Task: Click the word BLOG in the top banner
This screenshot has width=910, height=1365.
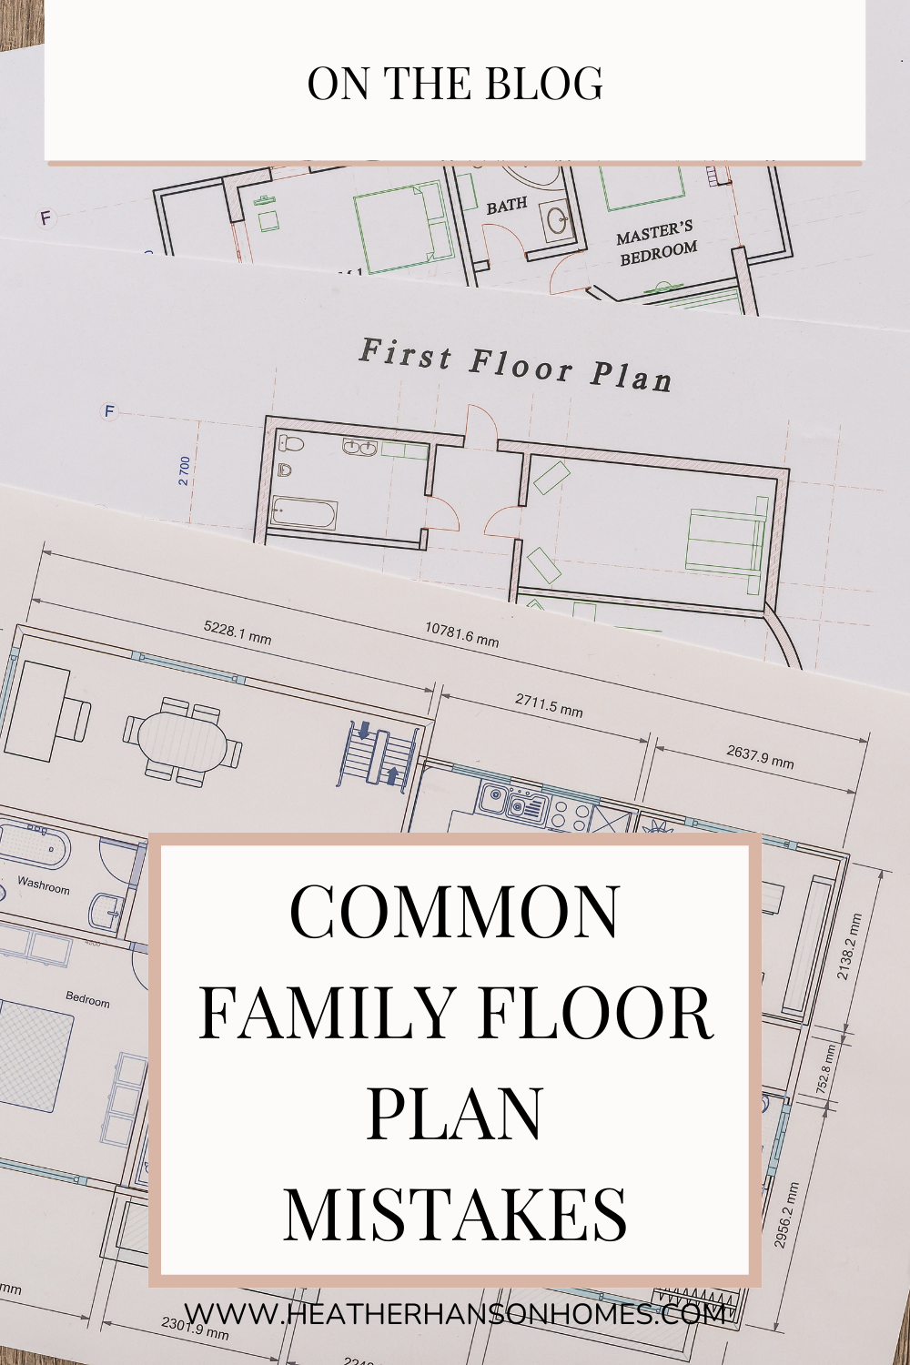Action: click(x=543, y=84)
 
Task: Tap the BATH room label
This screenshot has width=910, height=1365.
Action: click(x=506, y=206)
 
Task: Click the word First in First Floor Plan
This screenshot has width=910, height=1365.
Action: click(x=405, y=353)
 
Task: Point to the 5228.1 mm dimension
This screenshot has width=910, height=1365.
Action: click(x=238, y=632)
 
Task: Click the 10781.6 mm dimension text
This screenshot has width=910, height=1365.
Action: click(x=461, y=633)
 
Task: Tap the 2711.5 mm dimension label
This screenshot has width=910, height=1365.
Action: click(x=549, y=704)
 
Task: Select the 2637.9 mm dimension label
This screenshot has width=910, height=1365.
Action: click(x=760, y=756)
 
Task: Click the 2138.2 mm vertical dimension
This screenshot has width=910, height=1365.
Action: click(x=848, y=947)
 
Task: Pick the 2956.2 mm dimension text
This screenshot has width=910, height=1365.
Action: click(x=787, y=1214)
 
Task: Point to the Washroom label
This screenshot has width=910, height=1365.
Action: click(x=43, y=884)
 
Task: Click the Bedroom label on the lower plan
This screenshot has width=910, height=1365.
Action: click(x=87, y=999)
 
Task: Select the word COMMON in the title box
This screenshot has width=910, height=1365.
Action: click(x=455, y=913)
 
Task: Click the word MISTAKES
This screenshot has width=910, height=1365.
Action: click(x=455, y=1215)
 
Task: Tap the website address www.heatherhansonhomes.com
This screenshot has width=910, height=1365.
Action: click(x=455, y=1313)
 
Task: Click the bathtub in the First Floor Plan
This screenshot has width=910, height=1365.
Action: click(x=305, y=514)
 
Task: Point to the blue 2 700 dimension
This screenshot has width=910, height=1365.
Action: click(x=185, y=470)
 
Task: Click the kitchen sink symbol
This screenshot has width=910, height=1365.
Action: click(x=494, y=800)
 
